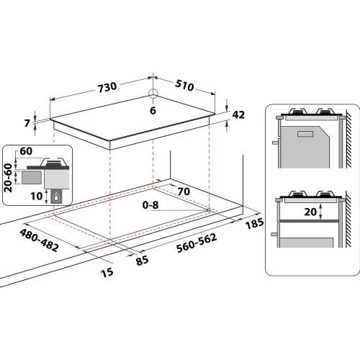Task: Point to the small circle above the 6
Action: tap(153, 93)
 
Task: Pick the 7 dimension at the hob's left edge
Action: tap(28, 124)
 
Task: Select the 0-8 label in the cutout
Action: tap(150, 207)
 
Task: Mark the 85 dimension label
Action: tap(142, 259)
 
